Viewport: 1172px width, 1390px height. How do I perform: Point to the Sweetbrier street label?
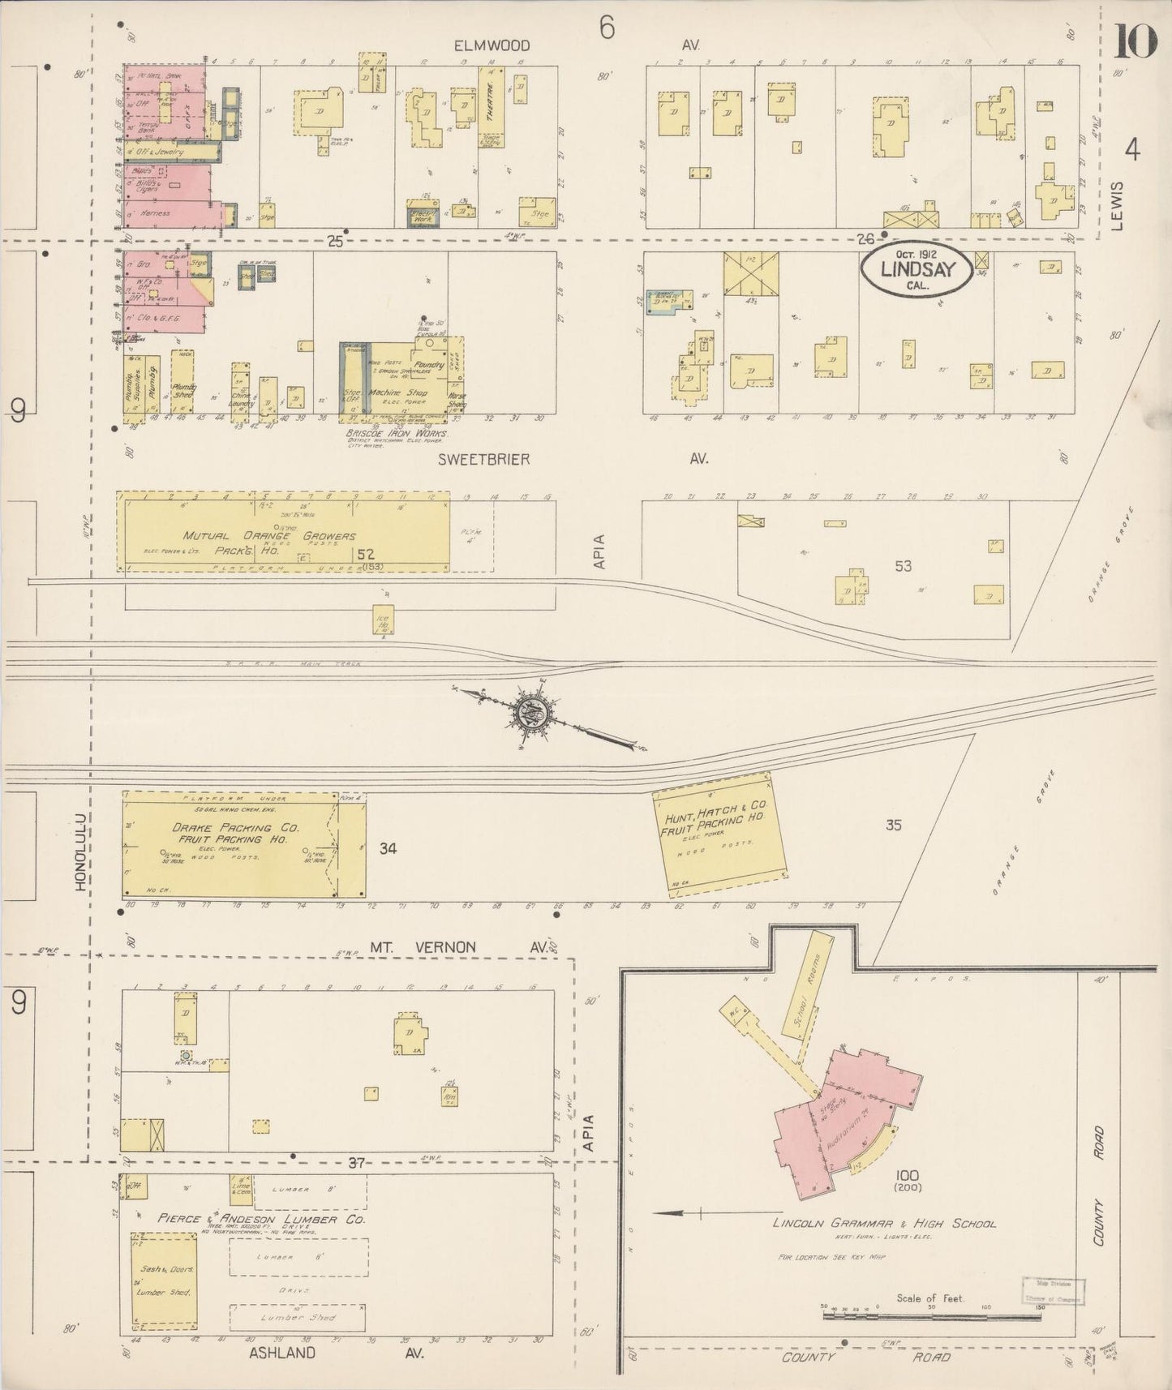(483, 459)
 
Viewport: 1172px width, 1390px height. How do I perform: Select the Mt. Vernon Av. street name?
(423, 946)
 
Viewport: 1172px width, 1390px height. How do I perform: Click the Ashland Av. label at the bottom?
(282, 1353)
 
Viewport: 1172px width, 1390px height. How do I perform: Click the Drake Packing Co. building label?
(235, 833)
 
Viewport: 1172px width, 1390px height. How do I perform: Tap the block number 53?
(903, 566)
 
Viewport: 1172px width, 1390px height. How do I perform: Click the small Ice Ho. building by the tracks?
(382, 619)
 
